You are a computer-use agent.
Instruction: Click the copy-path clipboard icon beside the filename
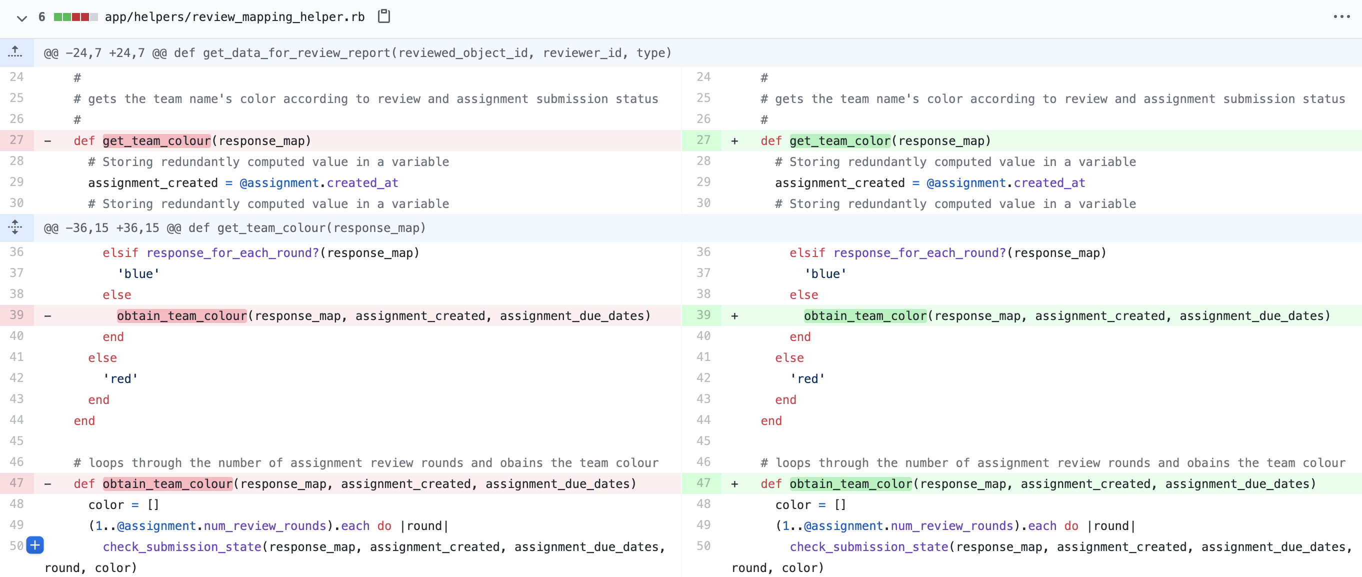[384, 16]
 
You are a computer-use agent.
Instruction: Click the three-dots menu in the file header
[1341, 17]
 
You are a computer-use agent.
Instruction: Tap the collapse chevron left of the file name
[21, 18]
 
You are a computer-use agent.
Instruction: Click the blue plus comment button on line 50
[35, 544]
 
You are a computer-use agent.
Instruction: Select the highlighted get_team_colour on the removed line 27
[157, 140]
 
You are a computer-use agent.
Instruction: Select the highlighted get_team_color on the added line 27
[840, 140]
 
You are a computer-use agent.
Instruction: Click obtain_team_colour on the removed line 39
[182, 315]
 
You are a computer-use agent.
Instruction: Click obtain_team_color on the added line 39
[865, 315]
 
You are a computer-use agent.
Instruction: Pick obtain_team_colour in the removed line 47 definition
[167, 484]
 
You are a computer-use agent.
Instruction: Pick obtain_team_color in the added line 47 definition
[850, 484]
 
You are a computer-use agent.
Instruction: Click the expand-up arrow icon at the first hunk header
[15, 52]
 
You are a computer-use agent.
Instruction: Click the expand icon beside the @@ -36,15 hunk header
[15, 227]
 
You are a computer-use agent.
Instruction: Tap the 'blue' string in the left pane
[138, 274]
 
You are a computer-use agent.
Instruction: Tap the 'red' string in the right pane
[808, 378]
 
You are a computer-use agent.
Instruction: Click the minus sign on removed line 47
[47, 484]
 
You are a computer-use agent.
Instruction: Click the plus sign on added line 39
[734, 315]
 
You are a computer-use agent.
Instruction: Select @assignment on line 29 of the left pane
[279, 183]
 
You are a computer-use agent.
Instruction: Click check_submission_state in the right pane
[869, 547]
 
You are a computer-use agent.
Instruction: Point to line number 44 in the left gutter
[16, 420]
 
